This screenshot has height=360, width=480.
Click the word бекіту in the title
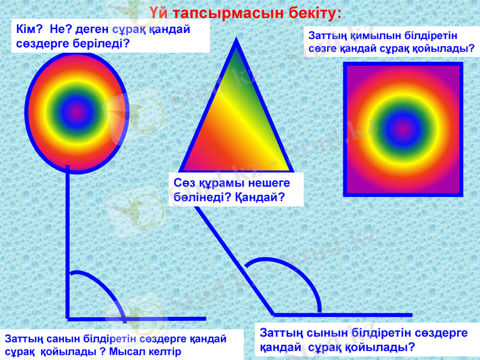click(313, 13)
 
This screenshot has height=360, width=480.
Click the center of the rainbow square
click(403, 128)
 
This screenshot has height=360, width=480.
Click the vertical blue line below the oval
click(68, 240)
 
